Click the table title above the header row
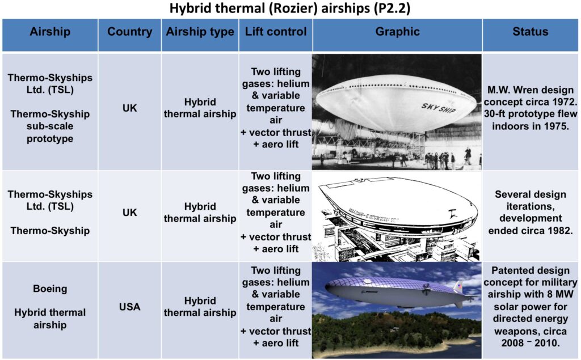(x=290, y=8)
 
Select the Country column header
(x=130, y=32)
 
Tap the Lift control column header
(x=276, y=32)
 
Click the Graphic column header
(x=397, y=32)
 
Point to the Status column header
(x=531, y=32)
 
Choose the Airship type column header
(x=200, y=32)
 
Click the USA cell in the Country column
(x=130, y=307)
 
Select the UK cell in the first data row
(x=130, y=108)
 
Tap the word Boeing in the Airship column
(x=50, y=289)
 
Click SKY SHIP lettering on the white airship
(x=439, y=108)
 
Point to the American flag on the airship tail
(x=460, y=286)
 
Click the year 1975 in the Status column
(x=555, y=126)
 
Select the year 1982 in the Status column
(x=558, y=231)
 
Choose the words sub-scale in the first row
(x=50, y=126)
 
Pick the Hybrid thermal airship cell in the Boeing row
(x=200, y=307)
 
